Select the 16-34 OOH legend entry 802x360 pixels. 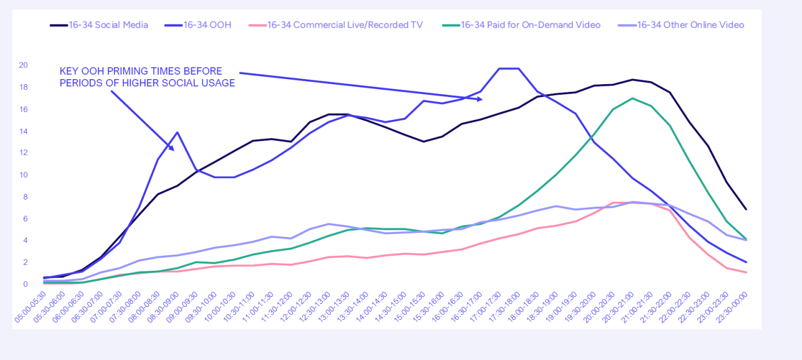[207, 25]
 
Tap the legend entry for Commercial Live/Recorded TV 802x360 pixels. [344, 25]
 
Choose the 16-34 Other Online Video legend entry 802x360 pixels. [690, 25]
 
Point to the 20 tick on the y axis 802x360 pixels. [23, 65]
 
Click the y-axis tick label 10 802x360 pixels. [23, 175]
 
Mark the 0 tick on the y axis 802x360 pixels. [25, 284]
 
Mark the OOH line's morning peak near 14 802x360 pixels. [177, 133]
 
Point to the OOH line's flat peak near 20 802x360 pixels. [509, 69]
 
